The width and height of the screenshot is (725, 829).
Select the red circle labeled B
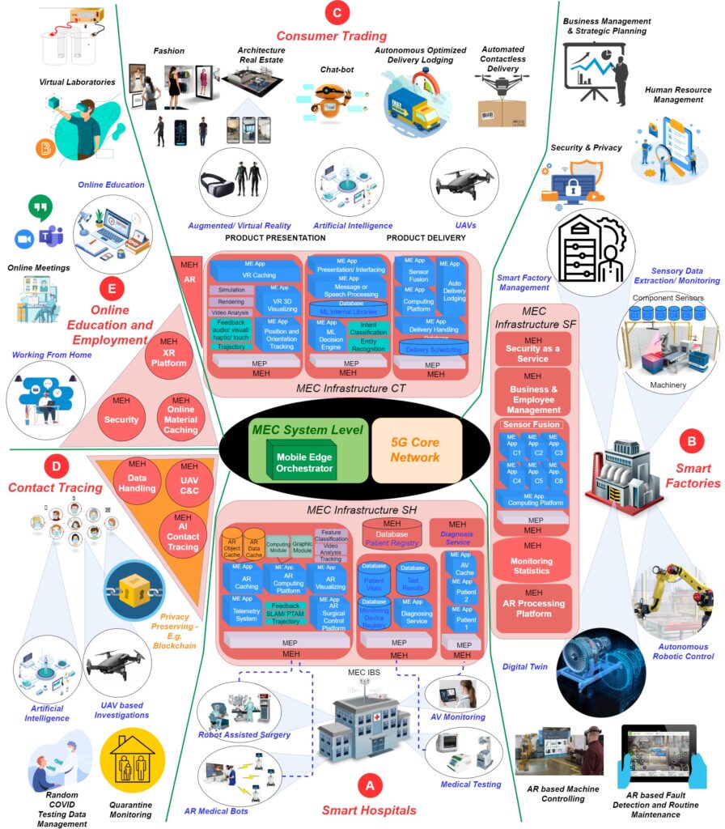pos(691,442)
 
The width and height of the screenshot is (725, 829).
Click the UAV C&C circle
pos(189,480)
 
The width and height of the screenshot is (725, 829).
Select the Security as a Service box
pos(532,348)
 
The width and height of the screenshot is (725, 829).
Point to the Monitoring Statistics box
pos(532,560)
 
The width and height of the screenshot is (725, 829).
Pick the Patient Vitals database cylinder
pos(373,580)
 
